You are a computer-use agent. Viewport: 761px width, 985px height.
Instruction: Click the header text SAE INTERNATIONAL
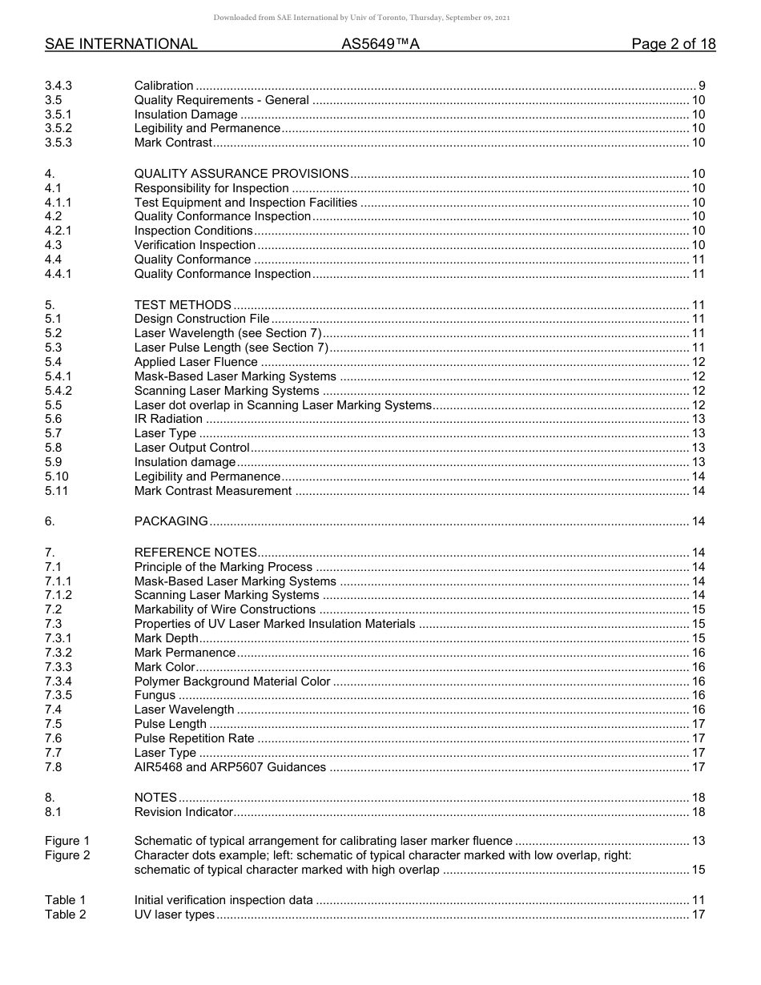pyautogui.click(x=121, y=44)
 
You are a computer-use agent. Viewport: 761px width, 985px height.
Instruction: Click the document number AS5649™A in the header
pyautogui.click(x=380, y=44)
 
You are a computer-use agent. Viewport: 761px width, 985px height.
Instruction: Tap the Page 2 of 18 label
pyautogui.click(x=673, y=44)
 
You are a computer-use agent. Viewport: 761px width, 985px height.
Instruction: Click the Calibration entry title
pyautogui.click(x=163, y=86)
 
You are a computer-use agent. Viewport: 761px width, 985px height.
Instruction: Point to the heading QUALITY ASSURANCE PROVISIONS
pyautogui.click(x=241, y=174)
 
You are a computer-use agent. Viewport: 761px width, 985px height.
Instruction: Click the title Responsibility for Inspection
pyautogui.click(x=211, y=188)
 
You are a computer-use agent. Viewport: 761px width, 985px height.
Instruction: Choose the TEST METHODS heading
pyautogui.click(x=183, y=305)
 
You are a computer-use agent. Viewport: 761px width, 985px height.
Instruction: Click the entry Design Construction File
pyautogui.click(x=202, y=319)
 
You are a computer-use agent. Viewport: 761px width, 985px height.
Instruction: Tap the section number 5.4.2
pyautogui.click(x=58, y=391)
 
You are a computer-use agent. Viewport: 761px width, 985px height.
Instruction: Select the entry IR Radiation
pyautogui.click(x=168, y=419)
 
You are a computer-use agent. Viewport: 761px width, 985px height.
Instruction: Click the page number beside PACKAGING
pyautogui.click(x=698, y=521)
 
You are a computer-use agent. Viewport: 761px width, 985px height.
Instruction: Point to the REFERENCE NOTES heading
pyautogui.click(x=195, y=553)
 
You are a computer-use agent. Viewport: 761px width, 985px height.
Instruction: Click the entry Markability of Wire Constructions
pyautogui.click(x=225, y=609)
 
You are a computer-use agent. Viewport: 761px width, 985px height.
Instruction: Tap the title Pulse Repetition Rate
pyautogui.click(x=194, y=738)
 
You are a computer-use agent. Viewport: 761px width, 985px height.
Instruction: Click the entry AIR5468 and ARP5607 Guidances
pyautogui.click(x=230, y=767)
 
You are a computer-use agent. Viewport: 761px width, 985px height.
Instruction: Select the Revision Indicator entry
pyautogui.click(x=183, y=812)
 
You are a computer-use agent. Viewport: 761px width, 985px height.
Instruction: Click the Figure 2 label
pyautogui.click(x=67, y=855)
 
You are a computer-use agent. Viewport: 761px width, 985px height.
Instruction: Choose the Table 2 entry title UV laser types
pyautogui.click(x=175, y=915)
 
